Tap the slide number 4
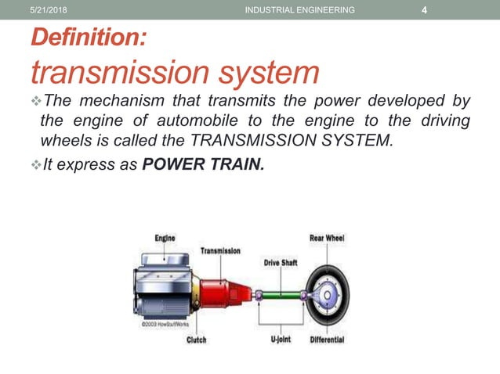424,9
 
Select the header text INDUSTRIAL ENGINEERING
299,9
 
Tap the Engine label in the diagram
164,238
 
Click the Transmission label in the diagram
220,251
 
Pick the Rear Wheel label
327,238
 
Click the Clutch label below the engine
197,340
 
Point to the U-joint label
281,340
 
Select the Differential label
327,340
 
